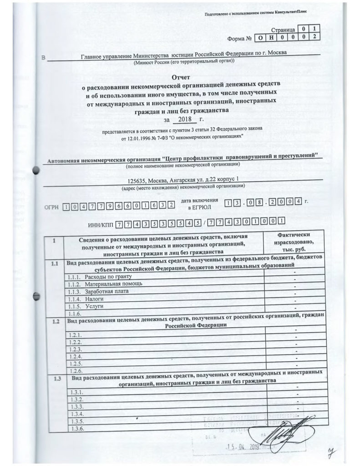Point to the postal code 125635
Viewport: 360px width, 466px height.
point(138,179)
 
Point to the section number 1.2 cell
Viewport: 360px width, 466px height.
point(56,321)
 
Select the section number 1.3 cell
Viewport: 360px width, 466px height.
point(57,379)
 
